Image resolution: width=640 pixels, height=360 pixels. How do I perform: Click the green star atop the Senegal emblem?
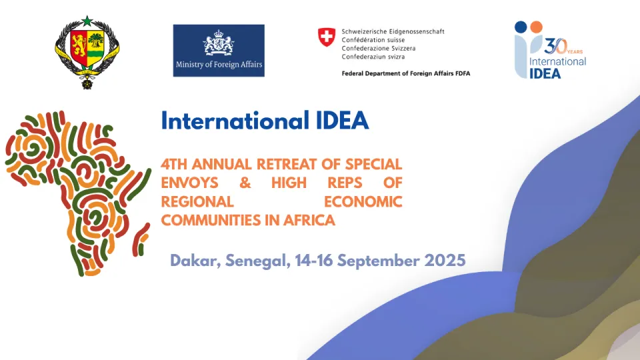coord(87,21)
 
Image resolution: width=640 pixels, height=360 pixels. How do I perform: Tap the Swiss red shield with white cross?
coord(327,37)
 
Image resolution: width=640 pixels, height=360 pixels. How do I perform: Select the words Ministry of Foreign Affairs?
coord(219,64)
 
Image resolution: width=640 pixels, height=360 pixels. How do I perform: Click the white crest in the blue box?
coord(219,42)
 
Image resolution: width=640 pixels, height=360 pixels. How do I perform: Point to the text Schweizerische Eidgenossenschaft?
coord(393,31)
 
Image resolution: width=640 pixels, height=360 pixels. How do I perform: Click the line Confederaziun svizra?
coord(373,57)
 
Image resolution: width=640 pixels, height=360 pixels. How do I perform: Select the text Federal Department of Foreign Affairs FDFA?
coord(406,73)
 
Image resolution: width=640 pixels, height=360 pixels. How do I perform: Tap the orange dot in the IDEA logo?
coord(536,27)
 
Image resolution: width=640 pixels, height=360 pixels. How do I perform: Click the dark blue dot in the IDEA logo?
coord(521,27)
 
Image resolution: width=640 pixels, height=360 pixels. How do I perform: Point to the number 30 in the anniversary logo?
coord(555,47)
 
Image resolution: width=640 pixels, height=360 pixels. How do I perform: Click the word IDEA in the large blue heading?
coord(343,121)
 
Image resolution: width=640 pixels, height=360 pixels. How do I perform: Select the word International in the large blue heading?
coord(235,121)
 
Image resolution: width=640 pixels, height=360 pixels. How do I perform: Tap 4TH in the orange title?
coord(173,164)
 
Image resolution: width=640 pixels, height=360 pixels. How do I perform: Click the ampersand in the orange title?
coord(245,183)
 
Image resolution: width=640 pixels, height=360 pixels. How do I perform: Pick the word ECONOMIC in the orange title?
coord(363,201)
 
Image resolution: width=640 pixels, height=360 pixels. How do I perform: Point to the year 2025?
coord(445,261)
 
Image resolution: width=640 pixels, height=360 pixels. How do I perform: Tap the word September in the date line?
coord(379,261)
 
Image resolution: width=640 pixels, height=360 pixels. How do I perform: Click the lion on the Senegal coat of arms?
coord(79,44)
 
